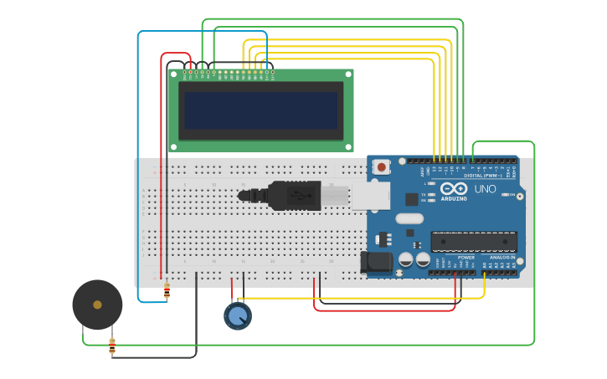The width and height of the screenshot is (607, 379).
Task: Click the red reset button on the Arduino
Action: pyautogui.click(x=383, y=167)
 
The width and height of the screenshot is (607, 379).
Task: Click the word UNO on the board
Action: pyautogui.click(x=485, y=189)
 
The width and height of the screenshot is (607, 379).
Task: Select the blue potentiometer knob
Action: pyautogui.click(x=237, y=315)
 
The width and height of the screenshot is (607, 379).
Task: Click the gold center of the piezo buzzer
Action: pyautogui.click(x=97, y=305)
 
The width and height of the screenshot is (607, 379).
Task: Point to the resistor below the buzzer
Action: pyautogui.click(x=112, y=345)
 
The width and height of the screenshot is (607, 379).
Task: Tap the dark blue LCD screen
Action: pyautogui.click(x=261, y=110)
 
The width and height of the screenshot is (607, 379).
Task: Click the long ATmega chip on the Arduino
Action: pyautogui.click(x=473, y=242)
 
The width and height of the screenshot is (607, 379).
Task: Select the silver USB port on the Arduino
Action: pyautogui.click(x=370, y=196)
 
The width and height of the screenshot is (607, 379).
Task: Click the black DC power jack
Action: pyautogui.click(x=377, y=262)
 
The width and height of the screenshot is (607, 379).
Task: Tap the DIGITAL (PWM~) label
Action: pyautogui.click(x=485, y=176)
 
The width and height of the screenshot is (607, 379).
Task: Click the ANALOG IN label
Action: pyautogui.click(x=502, y=258)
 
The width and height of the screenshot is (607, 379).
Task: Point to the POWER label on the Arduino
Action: pyautogui.click(x=466, y=258)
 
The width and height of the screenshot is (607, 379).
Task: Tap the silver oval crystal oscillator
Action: pyautogui.click(x=409, y=219)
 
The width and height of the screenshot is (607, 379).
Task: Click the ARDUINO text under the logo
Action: pyautogui.click(x=454, y=199)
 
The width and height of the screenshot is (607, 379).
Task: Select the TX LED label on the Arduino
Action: pyautogui.click(x=424, y=194)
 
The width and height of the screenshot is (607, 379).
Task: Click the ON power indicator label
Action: pyautogui.click(x=512, y=194)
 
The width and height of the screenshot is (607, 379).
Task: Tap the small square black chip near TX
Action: pyautogui.click(x=412, y=199)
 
